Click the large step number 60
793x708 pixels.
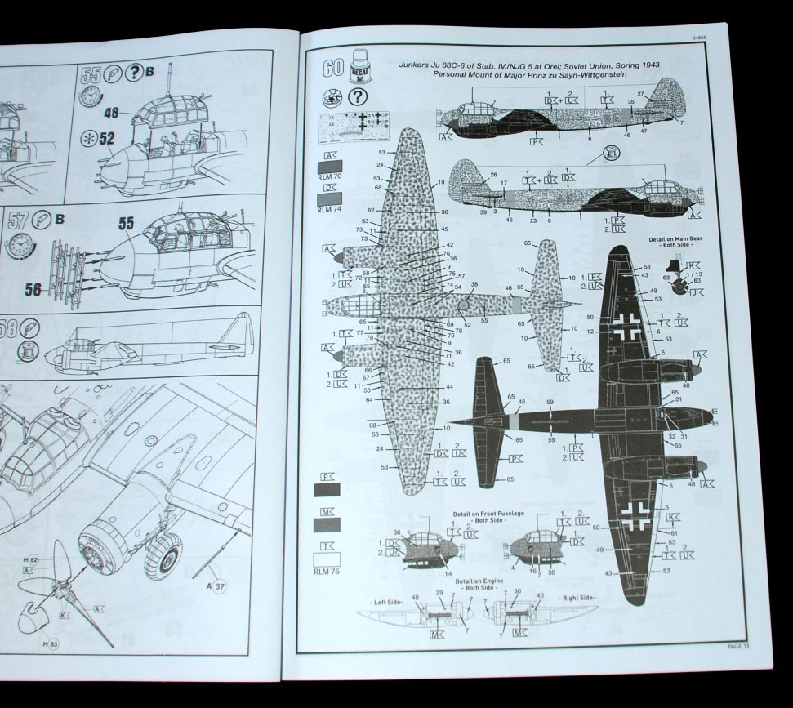point(332,68)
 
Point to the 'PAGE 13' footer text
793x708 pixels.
point(740,647)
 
